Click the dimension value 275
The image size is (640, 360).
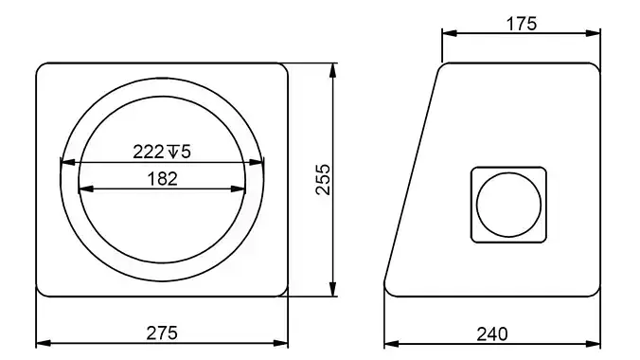click(162, 333)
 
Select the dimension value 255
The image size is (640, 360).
click(322, 179)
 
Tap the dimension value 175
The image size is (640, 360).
click(521, 24)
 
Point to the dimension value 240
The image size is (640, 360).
click(492, 333)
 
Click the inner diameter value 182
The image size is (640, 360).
click(162, 178)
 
